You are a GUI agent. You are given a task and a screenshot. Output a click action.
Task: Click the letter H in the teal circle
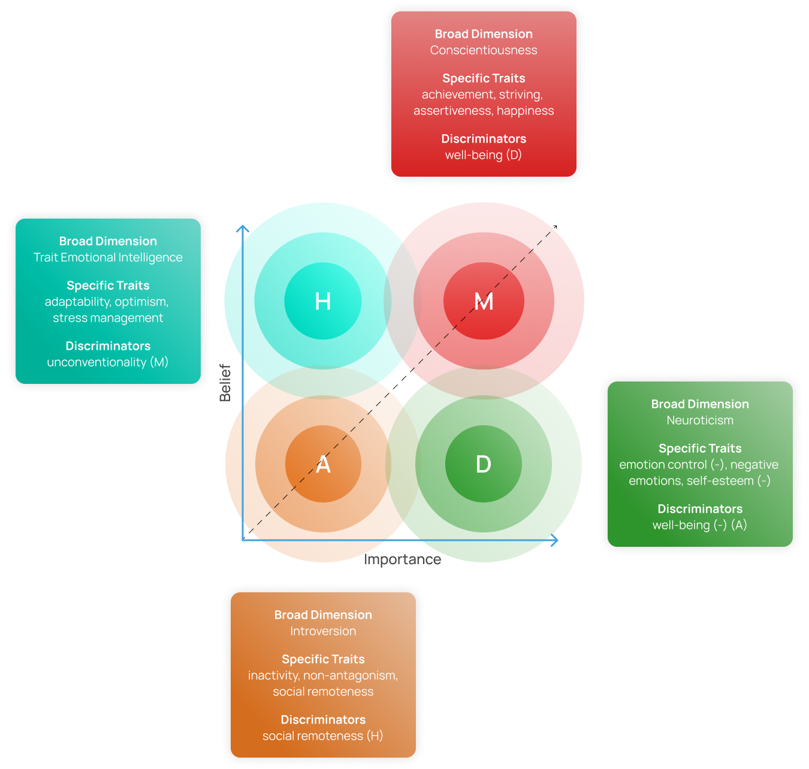pos(323,301)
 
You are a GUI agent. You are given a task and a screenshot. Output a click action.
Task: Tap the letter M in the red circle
pos(484,301)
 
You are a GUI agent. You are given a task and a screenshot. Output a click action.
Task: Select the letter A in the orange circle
pos(323,464)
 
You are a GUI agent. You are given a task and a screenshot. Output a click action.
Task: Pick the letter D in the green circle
pos(483,464)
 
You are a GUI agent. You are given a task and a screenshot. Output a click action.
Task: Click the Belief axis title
pos(225,382)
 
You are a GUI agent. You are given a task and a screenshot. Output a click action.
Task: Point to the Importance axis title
pos(402,559)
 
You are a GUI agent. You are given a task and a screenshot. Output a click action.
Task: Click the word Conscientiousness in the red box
pos(484,50)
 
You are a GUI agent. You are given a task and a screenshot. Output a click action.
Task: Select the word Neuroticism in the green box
pos(700,420)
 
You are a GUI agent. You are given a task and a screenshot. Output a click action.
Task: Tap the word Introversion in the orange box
pos(323,631)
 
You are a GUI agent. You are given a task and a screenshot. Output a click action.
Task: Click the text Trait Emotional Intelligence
pos(108,258)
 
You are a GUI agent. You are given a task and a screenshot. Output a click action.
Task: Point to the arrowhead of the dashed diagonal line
pos(556,226)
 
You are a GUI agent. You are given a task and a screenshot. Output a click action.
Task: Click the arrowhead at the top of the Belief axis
pos(243,228)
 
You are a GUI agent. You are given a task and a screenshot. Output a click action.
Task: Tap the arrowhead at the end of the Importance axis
pos(556,540)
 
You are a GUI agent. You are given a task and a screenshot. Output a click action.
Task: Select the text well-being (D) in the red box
pos(484,155)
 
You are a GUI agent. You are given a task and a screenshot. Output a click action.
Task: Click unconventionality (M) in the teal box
pos(108,362)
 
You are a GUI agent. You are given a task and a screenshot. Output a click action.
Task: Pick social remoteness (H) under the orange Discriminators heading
pos(323,736)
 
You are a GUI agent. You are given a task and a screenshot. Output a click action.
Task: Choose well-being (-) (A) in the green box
pos(700,525)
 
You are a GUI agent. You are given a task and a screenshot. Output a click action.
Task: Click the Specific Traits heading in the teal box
pos(108,286)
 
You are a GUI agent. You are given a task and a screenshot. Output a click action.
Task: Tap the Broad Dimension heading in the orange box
pos(323,615)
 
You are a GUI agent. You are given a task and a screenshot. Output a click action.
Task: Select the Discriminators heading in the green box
pos(700,509)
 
